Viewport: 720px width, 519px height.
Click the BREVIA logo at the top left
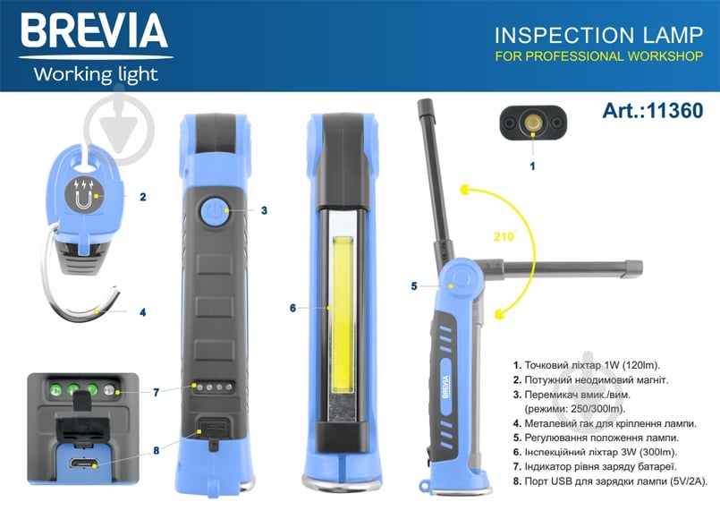[x=94, y=32]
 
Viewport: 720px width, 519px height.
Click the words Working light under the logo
[x=96, y=74]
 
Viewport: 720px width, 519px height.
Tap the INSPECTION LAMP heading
[x=598, y=36]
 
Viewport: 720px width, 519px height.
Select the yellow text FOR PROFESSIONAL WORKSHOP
[x=599, y=57]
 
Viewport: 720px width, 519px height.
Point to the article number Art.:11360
[x=653, y=112]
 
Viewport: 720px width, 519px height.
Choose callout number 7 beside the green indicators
[x=156, y=392]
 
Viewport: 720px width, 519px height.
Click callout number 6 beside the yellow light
[x=292, y=308]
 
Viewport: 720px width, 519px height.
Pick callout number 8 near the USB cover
[x=156, y=450]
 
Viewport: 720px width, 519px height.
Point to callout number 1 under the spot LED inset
[x=533, y=166]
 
